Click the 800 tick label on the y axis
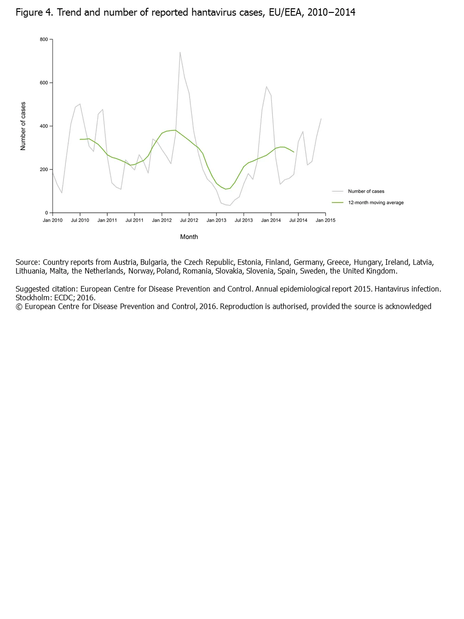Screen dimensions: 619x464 (x=44, y=40)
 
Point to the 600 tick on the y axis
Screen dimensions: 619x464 (x=44, y=83)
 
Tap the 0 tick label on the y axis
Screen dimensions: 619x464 (x=46, y=213)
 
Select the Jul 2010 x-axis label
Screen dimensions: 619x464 (x=80, y=220)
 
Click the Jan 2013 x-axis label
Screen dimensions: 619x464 (x=216, y=220)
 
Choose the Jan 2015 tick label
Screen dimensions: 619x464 (x=325, y=220)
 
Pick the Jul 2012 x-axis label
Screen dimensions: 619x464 (x=189, y=220)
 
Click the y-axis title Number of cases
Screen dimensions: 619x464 (x=23, y=126)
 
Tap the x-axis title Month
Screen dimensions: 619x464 (x=189, y=237)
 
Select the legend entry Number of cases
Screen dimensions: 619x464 (x=366, y=191)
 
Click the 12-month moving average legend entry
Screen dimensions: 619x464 (x=376, y=203)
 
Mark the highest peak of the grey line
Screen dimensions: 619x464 (x=180, y=52)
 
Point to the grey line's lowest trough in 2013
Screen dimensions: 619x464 (x=230, y=205)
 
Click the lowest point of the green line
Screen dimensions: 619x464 (x=226, y=189)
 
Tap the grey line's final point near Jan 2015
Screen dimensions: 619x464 (x=321, y=119)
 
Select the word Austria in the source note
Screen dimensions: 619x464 (x=125, y=263)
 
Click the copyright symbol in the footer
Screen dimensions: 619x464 (x=19, y=307)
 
